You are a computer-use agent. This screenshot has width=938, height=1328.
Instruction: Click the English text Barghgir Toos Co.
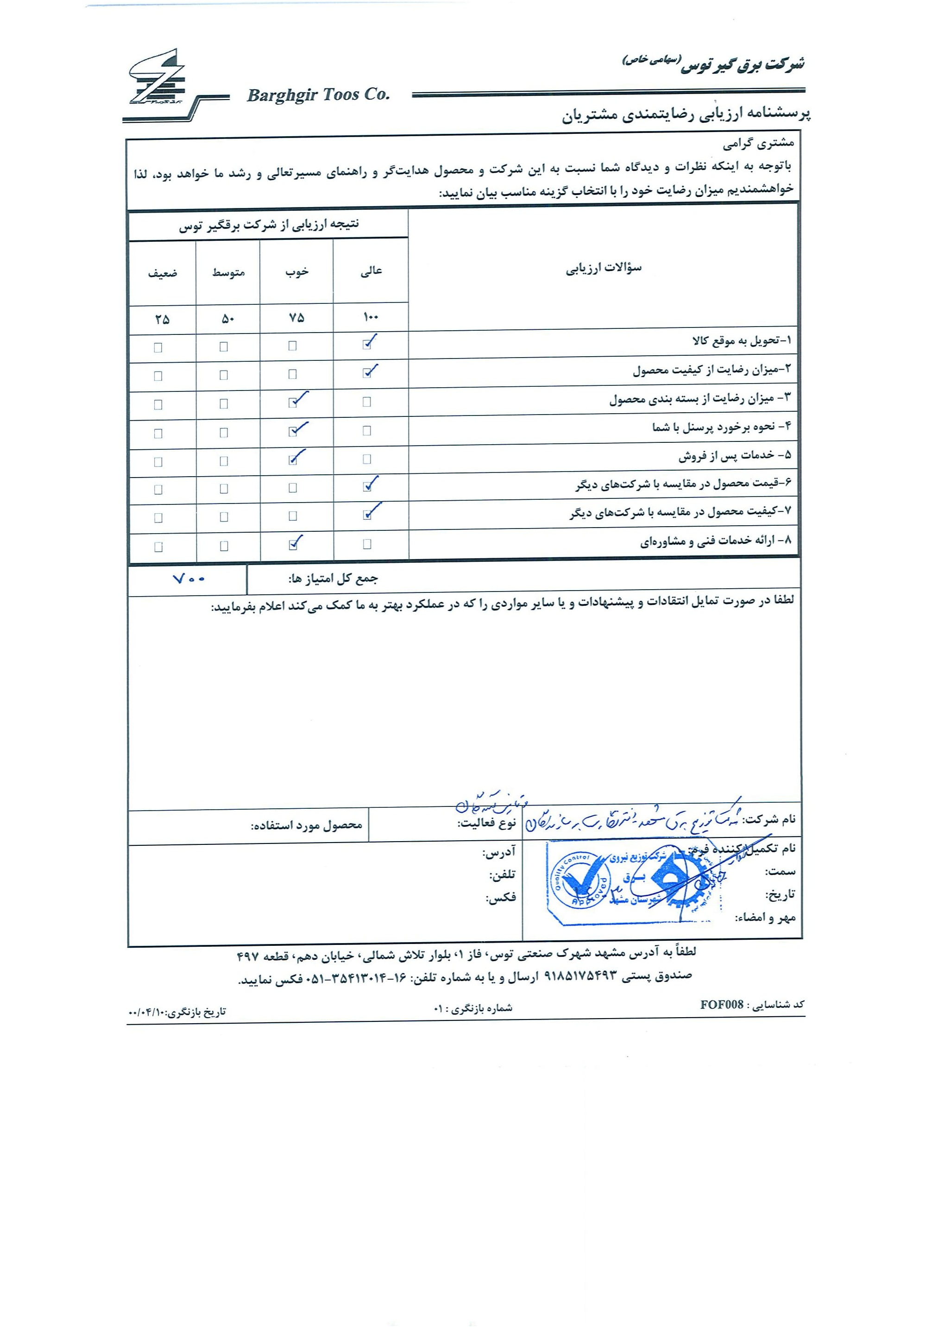[x=318, y=95]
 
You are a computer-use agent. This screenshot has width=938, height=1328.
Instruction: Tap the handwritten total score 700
[x=189, y=579]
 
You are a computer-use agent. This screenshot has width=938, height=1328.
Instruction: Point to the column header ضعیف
[x=163, y=273]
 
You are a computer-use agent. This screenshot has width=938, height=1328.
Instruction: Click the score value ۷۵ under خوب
[x=296, y=318]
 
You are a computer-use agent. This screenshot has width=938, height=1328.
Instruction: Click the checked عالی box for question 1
[x=367, y=345]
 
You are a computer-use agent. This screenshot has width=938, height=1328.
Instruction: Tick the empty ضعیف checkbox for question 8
[x=158, y=547]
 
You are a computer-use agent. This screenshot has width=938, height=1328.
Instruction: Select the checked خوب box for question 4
[x=293, y=432]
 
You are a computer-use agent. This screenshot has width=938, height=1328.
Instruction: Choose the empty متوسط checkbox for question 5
[x=224, y=461]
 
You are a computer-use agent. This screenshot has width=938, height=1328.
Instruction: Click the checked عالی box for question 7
[x=367, y=515]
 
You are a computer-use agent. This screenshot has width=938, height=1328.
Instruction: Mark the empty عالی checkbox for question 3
[x=367, y=402]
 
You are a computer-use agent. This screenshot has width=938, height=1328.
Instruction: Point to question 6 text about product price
[x=682, y=484]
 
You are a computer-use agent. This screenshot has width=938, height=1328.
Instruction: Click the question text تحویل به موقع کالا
[x=740, y=341]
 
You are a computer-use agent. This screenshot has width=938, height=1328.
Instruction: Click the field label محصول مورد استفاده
[x=307, y=825]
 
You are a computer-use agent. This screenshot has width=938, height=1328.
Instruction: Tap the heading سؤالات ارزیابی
[x=603, y=268]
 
